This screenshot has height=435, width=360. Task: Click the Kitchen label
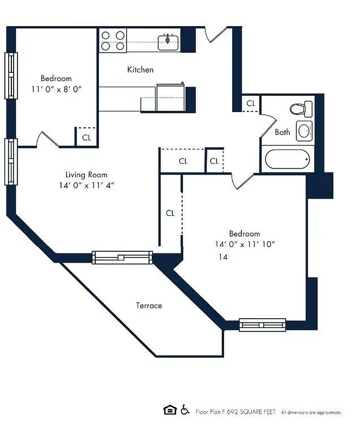click(140, 70)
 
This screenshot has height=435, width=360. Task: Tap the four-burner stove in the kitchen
click(113, 41)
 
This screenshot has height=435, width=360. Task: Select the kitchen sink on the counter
click(169, 41)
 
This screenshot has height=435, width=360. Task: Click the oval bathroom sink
click(303, 130)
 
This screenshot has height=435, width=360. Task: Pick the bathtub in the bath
click(287, 160)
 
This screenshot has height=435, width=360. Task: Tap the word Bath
click(282, 132)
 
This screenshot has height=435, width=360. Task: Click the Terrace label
click(148, 306)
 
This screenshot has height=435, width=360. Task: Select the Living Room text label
click(86, 175)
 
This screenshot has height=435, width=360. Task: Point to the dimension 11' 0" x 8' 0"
click(56, 89)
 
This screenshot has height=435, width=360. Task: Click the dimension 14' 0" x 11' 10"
click(244, 244)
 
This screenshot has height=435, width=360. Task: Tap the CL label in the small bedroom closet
click(86, 138)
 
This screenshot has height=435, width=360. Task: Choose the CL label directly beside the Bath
click(251, 103)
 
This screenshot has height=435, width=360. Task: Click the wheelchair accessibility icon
click(185, 410)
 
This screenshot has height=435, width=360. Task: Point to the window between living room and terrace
click(122, 257)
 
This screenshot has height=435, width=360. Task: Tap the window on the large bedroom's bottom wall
click(262, 325)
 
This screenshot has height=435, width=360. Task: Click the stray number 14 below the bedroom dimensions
click(222, 257)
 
